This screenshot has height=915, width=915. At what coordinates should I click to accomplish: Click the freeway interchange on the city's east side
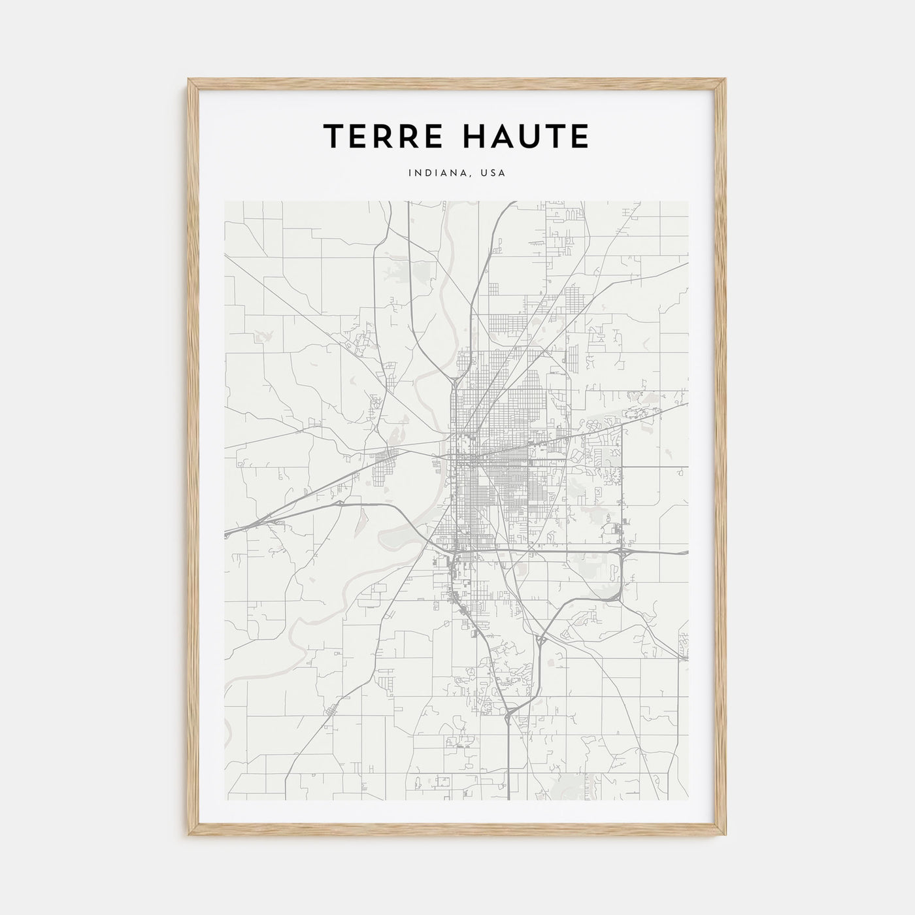(623, 552)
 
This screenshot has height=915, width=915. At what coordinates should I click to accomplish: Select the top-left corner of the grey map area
(225, 202)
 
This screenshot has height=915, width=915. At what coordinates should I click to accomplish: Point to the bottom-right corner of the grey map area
(688, 800)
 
